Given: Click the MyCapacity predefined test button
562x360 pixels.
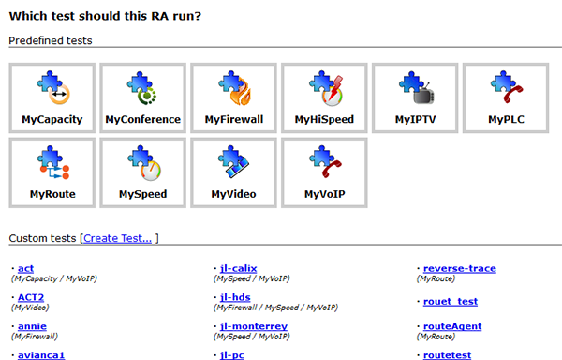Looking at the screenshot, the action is (x=52, y=97).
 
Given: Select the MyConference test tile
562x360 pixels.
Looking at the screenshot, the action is (x=142, y=97).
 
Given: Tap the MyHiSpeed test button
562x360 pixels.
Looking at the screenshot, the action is (x=324, y=97).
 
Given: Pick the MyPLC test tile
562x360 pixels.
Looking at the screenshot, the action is (x=506, y=97).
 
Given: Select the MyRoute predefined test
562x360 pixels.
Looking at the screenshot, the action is (x=52, y=172).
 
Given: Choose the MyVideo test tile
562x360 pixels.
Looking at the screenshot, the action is (x=233, y=172).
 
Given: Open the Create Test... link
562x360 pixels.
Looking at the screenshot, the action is (x=118, y=238).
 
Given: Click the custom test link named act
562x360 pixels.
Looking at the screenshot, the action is (x=25, y=268).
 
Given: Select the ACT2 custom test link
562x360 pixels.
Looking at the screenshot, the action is (x=31, y=297).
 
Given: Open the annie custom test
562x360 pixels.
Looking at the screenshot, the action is (x=32, y=326).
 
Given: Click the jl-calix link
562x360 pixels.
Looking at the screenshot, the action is (x=238, y=268).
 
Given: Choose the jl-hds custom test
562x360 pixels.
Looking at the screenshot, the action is (x=235, y=297).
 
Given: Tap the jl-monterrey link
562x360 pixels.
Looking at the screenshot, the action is (x=254, y=326).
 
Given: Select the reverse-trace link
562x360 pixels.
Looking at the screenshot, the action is (x=460, y=268).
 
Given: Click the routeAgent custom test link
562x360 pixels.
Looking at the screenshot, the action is (x=452, y=326).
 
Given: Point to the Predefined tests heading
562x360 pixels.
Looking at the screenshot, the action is (x=51, y=40).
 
